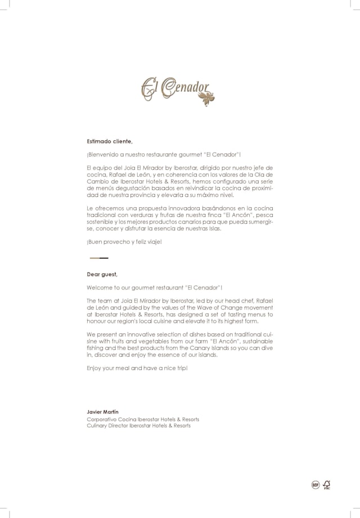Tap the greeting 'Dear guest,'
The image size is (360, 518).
102,274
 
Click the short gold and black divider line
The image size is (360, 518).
99,257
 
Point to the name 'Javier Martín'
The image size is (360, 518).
103,413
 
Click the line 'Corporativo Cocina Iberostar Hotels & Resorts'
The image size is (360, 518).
143,419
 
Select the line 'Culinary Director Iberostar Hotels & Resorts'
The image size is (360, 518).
138,426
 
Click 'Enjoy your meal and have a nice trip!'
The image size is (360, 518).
137,368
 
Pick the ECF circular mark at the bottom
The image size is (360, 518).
315,485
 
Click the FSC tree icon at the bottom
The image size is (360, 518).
326,484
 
